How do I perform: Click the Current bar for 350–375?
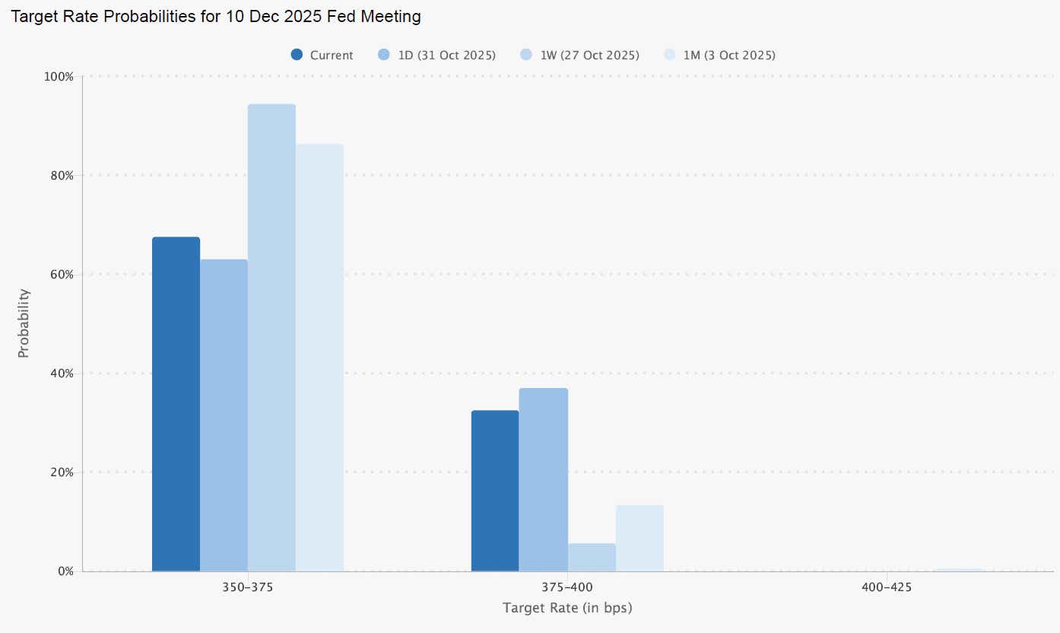pos(176,404)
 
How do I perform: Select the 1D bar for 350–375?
pos(224,415)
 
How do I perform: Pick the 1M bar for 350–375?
pos(319,358)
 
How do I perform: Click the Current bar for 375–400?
pos(495,491)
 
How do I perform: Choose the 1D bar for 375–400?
pos(543,479)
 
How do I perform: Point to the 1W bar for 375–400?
pos(591,557)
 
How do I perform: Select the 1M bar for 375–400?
pos(639,538)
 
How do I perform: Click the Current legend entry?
pos(322,56)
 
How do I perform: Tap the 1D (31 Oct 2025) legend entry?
pos(437,56)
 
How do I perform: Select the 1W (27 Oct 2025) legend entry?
pos(580,56)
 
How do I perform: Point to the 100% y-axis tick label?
pos(59,77)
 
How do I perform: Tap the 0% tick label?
pos(65,571)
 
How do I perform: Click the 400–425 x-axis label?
pos(886,588)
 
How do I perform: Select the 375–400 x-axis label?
pos(567,588)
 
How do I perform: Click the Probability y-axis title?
pos(24,323)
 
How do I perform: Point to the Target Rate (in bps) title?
pos(567,609)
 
